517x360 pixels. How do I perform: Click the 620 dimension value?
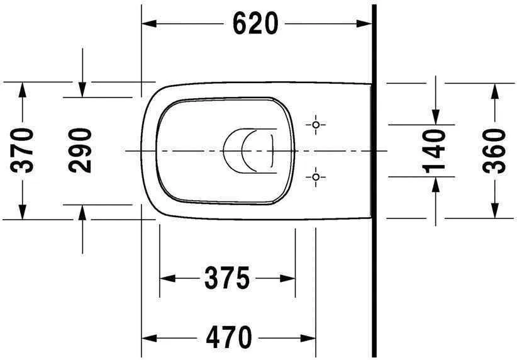(255, 24)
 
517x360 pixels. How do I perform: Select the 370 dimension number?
(23, 150)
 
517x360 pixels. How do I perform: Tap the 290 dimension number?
(81, 150)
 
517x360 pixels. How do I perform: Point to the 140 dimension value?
(435, 150)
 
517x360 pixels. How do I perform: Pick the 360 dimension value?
(495, 150)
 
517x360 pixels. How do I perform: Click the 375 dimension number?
(226, 278)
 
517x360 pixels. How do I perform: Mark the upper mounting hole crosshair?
(316, 124)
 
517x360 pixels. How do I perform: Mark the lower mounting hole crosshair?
(316, 177)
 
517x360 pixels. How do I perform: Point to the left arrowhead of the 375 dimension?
(167, 278)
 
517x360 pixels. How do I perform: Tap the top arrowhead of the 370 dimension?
(23, 89)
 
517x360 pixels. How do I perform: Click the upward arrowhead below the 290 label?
(82, 211)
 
